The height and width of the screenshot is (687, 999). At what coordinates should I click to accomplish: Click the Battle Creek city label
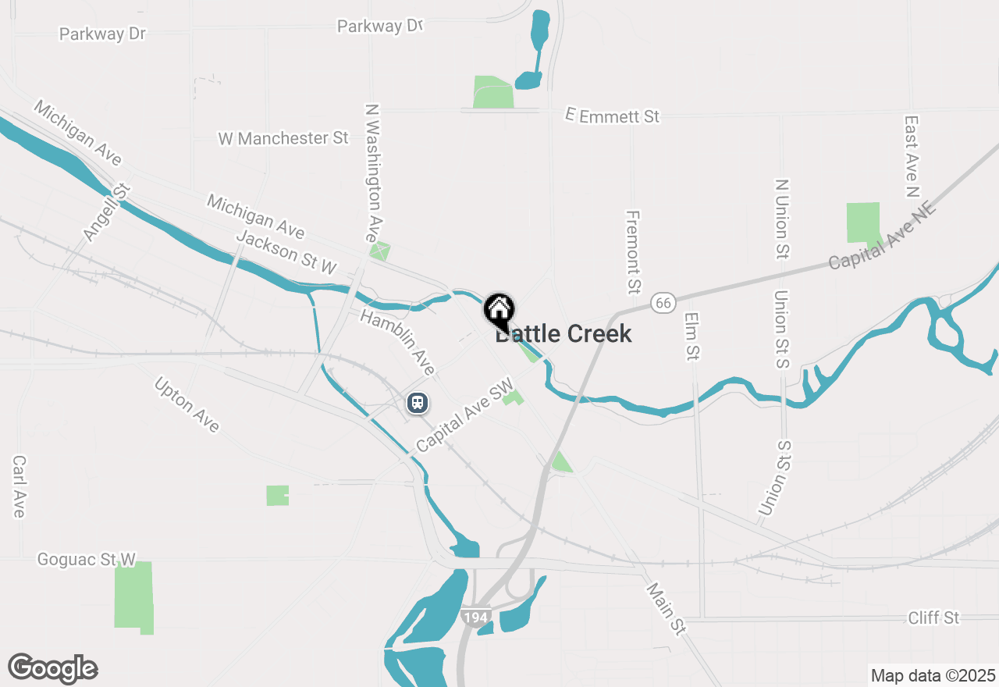tap(563, 334)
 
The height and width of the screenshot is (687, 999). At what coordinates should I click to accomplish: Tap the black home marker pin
tap(499, 311)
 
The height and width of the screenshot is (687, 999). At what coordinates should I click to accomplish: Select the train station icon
tap(418, 403)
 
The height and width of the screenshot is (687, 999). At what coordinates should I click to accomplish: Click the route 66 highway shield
tap(663, 302)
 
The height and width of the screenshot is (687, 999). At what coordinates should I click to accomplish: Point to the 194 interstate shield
tap(475, 617)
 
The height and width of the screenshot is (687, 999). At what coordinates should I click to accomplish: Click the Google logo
tap(52, 668)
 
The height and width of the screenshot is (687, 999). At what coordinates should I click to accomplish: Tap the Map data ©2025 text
tap(933, 675)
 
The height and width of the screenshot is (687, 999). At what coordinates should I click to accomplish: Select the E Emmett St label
tap(613, 116)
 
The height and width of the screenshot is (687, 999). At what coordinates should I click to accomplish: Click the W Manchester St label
tap(283, 138)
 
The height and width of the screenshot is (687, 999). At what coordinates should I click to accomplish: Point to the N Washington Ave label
tap(375, 173)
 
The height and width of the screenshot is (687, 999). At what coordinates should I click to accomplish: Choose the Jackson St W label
tap(286, 252)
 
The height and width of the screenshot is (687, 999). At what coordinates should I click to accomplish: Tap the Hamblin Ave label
tap(397, 340)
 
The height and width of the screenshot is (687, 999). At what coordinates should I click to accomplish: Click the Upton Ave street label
tap(187, 404)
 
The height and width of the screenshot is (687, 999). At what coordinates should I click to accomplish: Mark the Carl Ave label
tap(20, 486)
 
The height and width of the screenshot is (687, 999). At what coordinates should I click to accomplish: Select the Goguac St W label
tap(87, 560)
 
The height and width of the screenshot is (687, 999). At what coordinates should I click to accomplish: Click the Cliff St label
tap(933, 618)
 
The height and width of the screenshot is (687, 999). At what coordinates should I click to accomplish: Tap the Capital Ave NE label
tap(882, 235)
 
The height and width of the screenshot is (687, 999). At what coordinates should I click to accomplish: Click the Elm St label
tap(691, 336)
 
